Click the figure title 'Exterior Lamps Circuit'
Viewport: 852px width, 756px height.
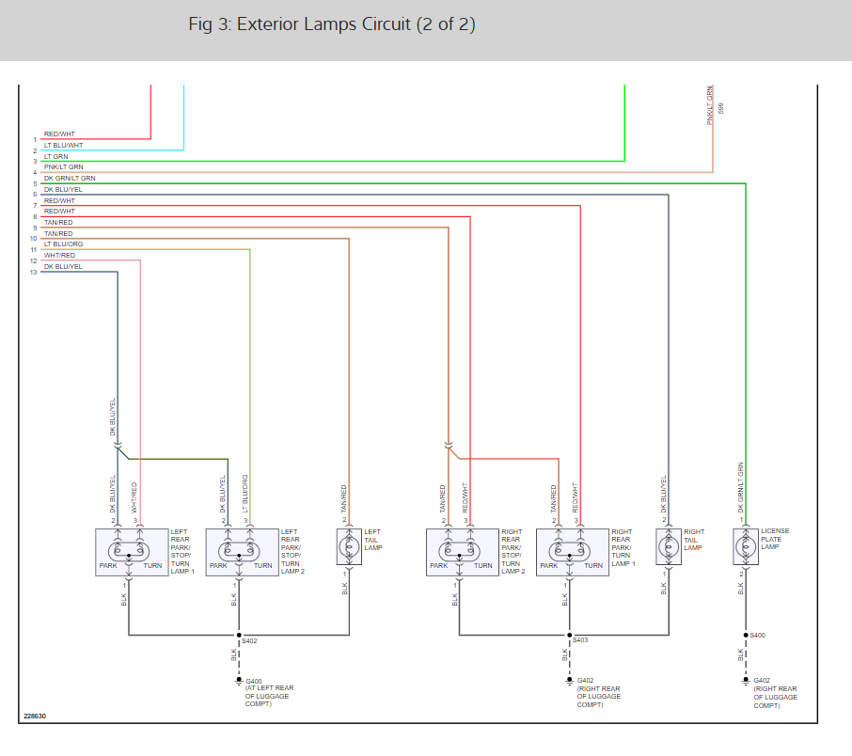click(332, 25)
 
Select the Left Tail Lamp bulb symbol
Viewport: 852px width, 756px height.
click(345, 545)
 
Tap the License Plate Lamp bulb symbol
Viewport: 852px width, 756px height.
click(742, 545)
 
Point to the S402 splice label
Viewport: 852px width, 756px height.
click(249, 640)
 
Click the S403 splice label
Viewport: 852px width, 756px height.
click(580, 640)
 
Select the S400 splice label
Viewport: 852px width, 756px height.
click(758, 636)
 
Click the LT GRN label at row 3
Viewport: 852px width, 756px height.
click(56, 156)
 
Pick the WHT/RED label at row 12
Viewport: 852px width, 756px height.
click(59, 255)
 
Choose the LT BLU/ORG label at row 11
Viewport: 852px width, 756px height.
click(63, 244)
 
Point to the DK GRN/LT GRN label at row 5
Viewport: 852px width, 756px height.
click(69, 178)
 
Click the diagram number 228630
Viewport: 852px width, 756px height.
click(34, 717)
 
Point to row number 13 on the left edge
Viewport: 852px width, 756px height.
click(34, 273)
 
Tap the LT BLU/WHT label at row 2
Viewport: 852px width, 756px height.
click(63, 145)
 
